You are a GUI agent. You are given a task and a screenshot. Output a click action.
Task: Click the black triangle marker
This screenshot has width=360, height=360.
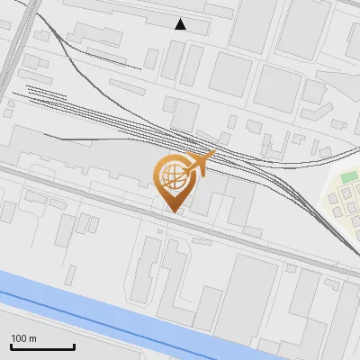(181, 24)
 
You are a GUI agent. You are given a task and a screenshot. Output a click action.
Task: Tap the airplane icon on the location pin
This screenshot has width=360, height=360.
(199, 164)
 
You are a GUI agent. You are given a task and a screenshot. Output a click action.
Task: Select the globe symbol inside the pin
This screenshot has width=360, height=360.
(172, 176)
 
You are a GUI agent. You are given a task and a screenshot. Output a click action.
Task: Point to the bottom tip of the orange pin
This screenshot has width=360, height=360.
(171, 211)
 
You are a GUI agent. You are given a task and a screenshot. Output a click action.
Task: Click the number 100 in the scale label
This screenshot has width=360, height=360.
(19, 338)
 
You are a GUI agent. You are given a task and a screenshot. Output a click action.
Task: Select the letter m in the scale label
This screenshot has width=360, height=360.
(32, 338)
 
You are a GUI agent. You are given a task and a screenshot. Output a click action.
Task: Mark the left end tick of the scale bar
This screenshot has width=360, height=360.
(11, 346)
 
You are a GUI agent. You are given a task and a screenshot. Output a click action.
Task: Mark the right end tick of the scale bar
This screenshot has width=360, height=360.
(74, 346)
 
